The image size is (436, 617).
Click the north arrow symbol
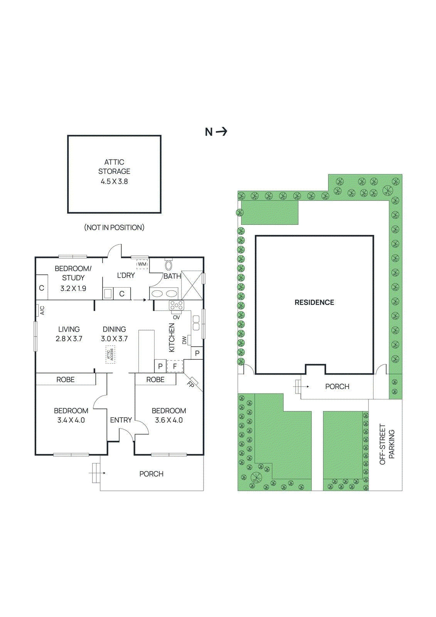pyautogui.click(x=216, y=132)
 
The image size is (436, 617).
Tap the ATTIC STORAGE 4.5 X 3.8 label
pyautogui.click(x=114, y=172)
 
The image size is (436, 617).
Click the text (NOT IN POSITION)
pyautogui.click(x=114, y=228)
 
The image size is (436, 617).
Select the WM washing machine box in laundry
pyautogui.click(x=142, y=264)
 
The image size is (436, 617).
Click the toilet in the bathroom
pyautogui.click(x=168, y=265)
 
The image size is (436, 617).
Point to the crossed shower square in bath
pyautogui.click(x=192, y=285)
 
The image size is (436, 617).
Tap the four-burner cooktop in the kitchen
pyautogui.click(x=177, y=306)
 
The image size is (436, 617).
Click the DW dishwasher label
pyautogui.click(x=184, y=340)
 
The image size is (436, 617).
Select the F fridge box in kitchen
pyautogui.click(x=175, y=366)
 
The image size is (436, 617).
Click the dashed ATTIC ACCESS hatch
pyautogui.click(x=110, y=355)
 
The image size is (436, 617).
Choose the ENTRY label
pyautogui.click(x=121, y=420)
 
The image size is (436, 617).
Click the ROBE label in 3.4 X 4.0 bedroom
pyautogui.click(x=66, y=379)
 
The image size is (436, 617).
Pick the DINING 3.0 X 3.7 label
pyautogui.click(x=114, y=334)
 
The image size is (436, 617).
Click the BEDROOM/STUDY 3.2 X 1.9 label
pyautogui.click(x=73, y=278)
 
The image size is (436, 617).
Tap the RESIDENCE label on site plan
pyautogui.click(x=314, y=303)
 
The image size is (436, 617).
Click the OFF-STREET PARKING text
pyautogui.click(x=387, y=444)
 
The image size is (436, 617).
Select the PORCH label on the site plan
pyautogui.click(x=337, y=386)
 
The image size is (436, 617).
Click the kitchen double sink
pyautogui.click(x=196, y=323)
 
